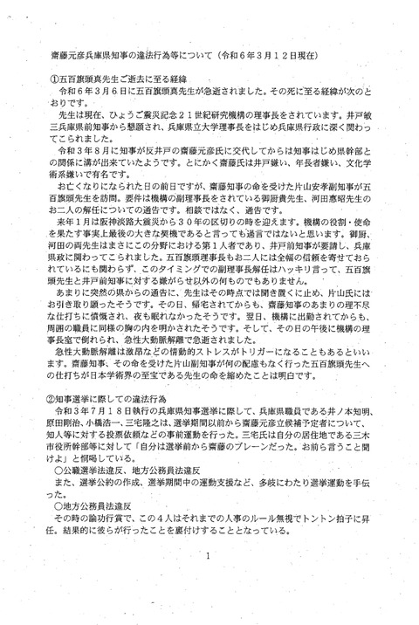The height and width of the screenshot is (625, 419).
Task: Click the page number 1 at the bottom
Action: pos(210,555)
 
